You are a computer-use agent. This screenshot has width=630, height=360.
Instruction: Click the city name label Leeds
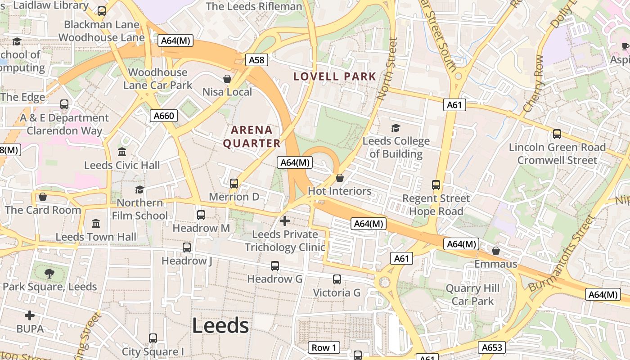pos(220,325)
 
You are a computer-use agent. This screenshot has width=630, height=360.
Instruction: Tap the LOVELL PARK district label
pos(334,76)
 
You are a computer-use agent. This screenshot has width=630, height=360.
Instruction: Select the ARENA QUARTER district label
pos(252,137)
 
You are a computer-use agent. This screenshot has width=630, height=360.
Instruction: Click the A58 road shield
pos(256,60)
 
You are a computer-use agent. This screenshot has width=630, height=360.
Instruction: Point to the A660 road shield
pos(163,116)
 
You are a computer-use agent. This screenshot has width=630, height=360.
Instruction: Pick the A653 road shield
pos(492,347)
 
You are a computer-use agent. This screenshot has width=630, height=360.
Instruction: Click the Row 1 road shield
pos(324,347)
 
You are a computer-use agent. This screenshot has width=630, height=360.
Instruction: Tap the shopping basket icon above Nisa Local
pos(227,79)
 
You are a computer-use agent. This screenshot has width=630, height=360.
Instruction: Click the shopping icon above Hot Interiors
pos(340,178)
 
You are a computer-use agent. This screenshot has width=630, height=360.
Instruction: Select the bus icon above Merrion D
pos(234,184)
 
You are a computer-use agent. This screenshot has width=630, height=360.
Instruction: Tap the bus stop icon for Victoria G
pos(337,279)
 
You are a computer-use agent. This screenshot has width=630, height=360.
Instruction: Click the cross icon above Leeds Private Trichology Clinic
pos(285,221)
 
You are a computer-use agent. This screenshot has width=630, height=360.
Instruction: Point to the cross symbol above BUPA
pos(30,315)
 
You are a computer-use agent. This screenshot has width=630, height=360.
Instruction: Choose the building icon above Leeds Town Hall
pos(96,224)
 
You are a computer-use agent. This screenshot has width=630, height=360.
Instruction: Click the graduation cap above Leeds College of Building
pos(396,128)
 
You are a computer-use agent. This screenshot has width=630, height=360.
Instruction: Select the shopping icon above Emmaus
pos(496,251)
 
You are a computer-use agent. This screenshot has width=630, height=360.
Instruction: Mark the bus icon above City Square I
pos(153,338)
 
